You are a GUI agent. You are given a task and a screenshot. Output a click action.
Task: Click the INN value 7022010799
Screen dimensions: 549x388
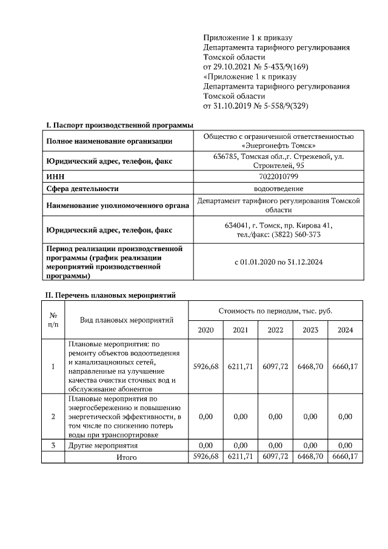pyautogui.click(x=278, y=177)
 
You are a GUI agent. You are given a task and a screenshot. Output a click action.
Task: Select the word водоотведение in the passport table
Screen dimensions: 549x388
pyautogui.click(x=278, y=189)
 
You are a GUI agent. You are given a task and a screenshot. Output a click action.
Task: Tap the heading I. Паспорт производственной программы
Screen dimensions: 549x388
pyautogui.click(x=119, y=125)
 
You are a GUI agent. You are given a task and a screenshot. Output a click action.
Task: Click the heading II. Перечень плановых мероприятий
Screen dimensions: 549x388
pyautogui.click(x=111, y=296)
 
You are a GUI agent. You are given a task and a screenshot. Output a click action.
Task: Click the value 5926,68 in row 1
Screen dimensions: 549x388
pyautogui.click(x=206, y=367)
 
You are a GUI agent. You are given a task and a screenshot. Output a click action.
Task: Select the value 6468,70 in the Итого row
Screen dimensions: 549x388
pyautogui.click(x=310, y=456)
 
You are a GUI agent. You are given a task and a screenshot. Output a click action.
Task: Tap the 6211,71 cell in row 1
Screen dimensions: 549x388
pyautogui.click(x=240, y=367)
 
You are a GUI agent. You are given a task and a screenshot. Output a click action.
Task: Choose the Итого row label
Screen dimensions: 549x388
pyautogui.click(x=126, y=457)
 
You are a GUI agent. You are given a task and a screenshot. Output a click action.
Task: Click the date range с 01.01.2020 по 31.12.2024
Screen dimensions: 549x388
pyautogui.click(x=278, y=263)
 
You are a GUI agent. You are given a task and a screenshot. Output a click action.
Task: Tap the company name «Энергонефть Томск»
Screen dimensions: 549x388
pyautogui.click(x=278, y=146)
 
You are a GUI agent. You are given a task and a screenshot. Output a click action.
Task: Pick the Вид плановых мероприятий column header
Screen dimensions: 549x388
pyautogui.click(x=126, y=320)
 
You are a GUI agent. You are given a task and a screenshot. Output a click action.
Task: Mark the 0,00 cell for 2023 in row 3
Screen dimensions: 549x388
pyautogui.click(x=310, y=446)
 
